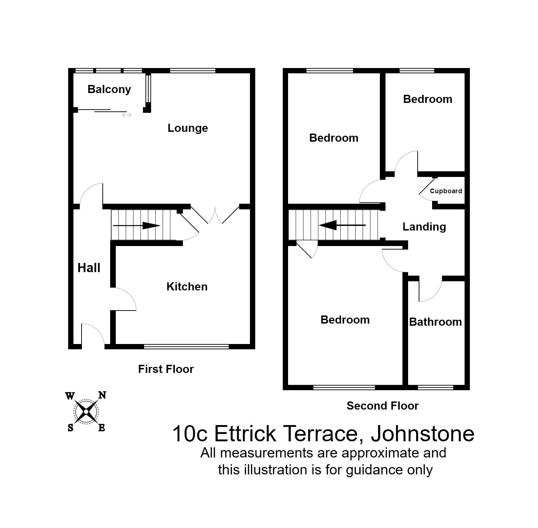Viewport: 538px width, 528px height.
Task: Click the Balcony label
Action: click(x=109, y=90)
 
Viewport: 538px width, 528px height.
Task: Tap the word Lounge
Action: click(x=187, y=128)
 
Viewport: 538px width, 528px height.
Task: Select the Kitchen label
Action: click(x=187, y=287)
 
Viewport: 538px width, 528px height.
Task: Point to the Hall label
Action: click(x=89, y=268)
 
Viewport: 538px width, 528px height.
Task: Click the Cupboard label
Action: click(x=446, y=191)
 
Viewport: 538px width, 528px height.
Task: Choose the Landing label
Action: click(x=424, y=227)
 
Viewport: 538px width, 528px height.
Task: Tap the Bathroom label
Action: click(x=435, y=322)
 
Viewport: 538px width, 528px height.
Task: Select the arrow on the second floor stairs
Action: click(x=342, y=225)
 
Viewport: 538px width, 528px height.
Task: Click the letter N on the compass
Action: click(x=102, y=395)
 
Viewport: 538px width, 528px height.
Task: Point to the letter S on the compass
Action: click(x=70, y=428)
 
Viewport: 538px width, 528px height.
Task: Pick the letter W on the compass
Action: click(x=70, y=396)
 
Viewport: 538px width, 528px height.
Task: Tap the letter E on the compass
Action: click(x=102, y=428)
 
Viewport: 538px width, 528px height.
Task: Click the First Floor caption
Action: click(x=166, y=369)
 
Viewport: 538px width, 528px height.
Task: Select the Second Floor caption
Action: click(x=382, y=406)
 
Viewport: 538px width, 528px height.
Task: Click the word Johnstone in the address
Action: click(x=422, y=434)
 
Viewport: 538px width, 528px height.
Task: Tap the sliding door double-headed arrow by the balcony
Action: click(x=126, y=115)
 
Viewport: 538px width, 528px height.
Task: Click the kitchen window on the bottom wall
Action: click(x=186, y=347)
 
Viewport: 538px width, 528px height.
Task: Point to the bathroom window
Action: click(x=435, y=387)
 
